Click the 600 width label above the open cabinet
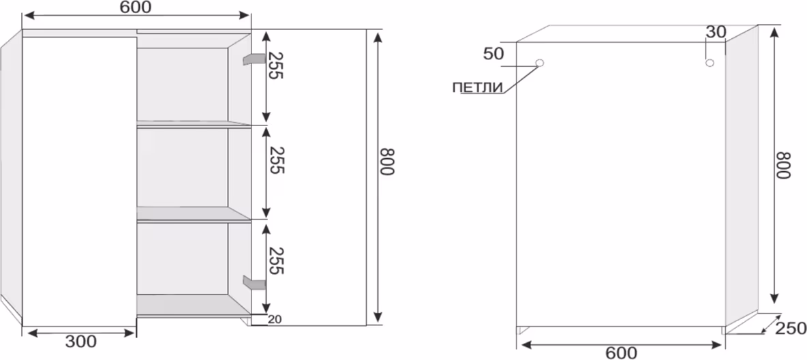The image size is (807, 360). [136, 7]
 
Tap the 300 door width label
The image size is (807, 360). [81, 342]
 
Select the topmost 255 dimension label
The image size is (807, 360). [275, 65]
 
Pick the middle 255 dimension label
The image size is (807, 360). [277, 160]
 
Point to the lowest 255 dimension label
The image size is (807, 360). [276, 260]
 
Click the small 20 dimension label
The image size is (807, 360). [275, 319]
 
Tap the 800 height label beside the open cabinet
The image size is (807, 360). [386, 162]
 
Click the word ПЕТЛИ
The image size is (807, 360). [477, 87]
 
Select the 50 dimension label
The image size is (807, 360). [493, 54]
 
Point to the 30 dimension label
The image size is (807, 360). [716, 32]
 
